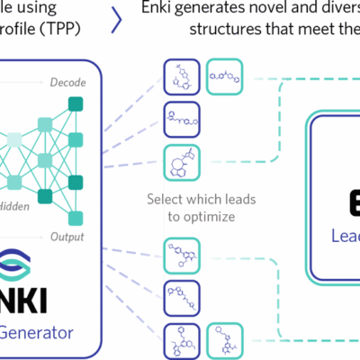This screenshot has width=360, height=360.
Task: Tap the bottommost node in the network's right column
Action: point(76,218)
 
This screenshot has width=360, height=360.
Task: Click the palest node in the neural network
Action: point(13,138)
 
